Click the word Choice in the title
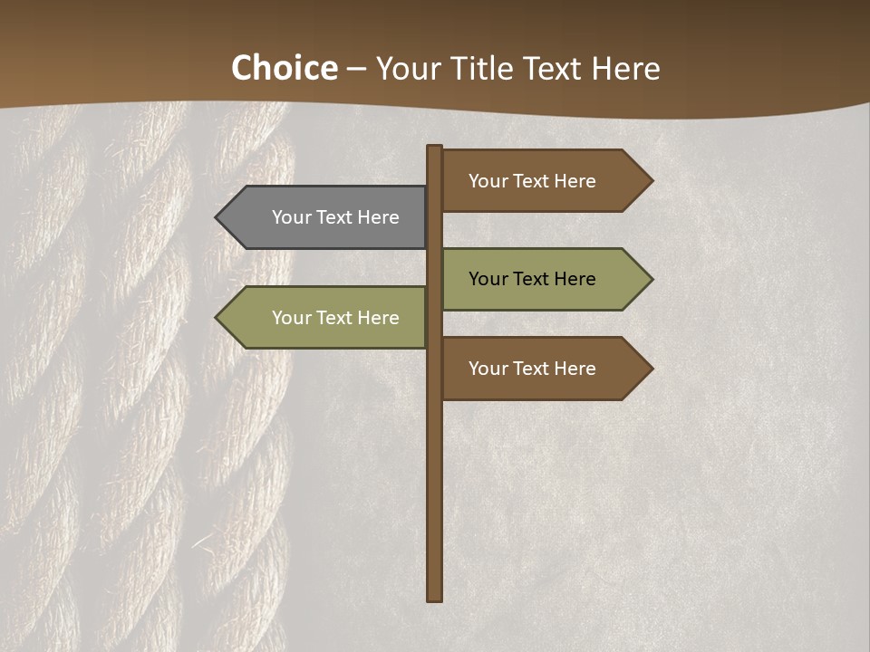tap(284, 68)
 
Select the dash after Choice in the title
tap(356, 69)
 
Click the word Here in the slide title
tap(625, 68)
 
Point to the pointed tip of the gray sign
tap(218, 217)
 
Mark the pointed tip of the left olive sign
tap(218, 318)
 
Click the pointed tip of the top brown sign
tap(651, 181)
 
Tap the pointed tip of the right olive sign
tap(651, 279)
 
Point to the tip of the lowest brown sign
tap(651, 369)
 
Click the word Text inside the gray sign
tap(335, 217)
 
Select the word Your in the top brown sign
tap(488, 181)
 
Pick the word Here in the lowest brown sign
tap(575, 369)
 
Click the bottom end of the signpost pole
tap(435, 598)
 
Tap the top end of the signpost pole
tap(435, 148)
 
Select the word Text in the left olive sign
tap(335, 318)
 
